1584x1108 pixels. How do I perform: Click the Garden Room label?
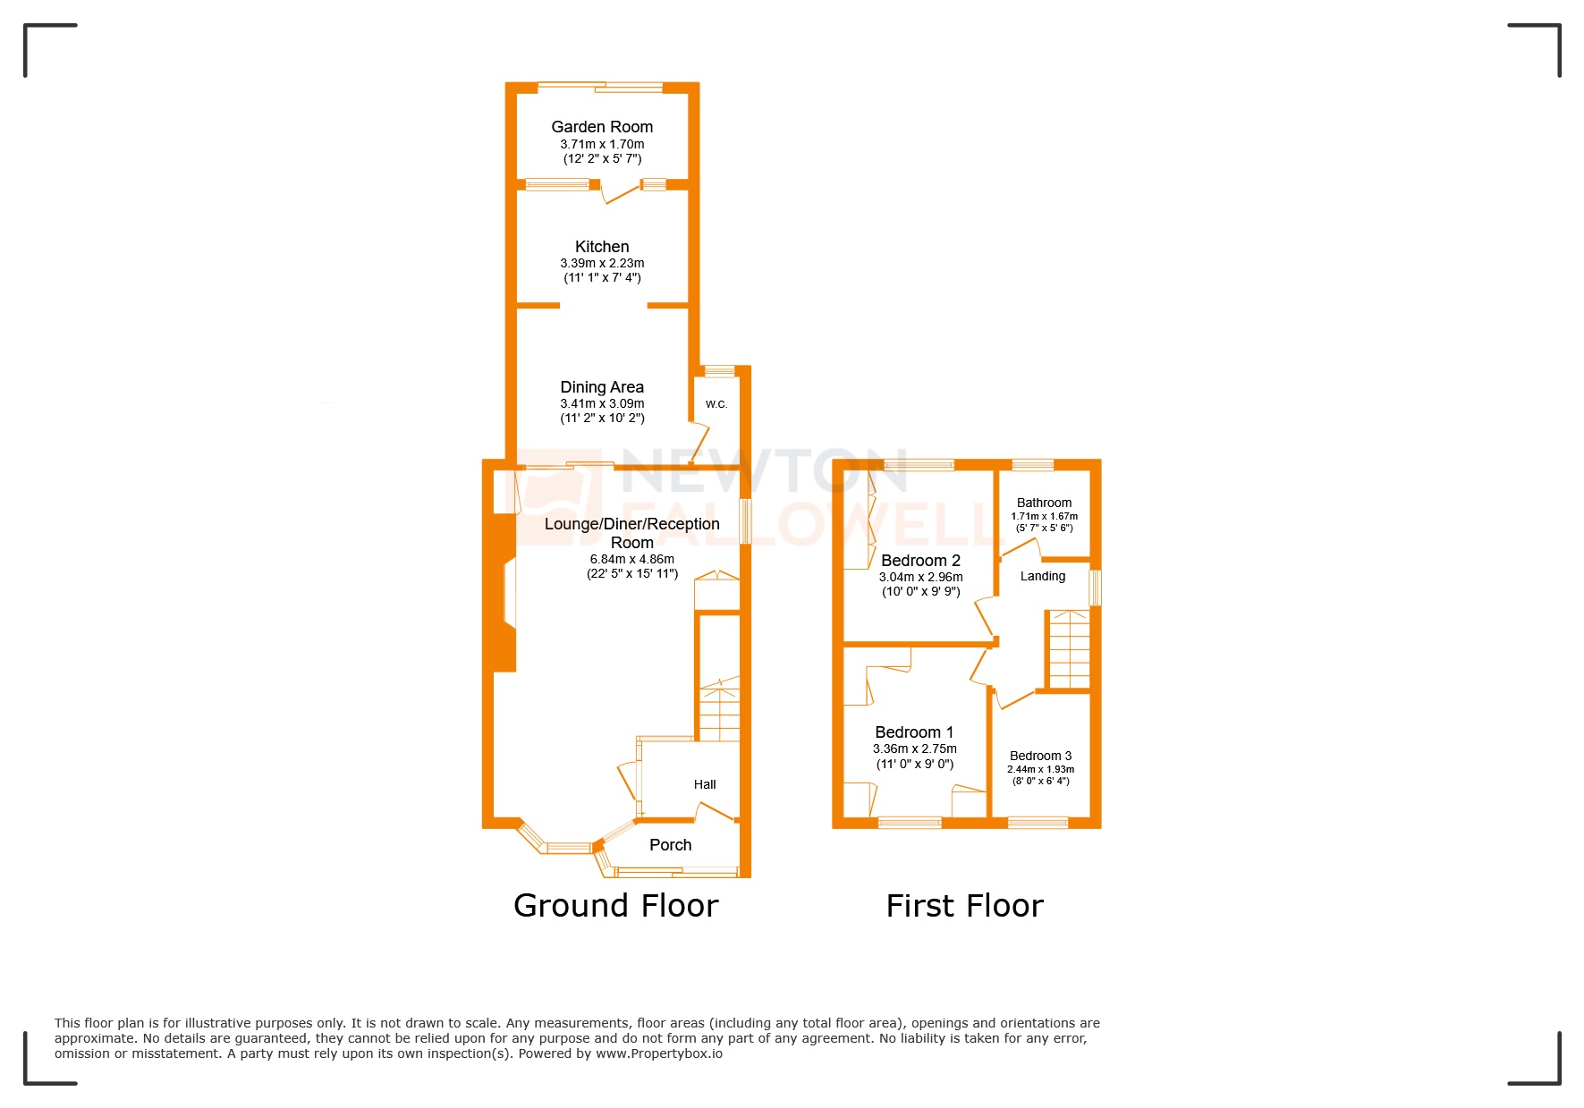[602, 127]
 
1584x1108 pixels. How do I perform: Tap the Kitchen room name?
[602, 247]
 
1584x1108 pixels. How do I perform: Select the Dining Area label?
[602, 387]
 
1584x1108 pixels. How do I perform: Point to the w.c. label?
[716, 404]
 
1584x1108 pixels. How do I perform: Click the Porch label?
[671, 845]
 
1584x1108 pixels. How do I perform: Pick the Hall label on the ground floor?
[705, 784]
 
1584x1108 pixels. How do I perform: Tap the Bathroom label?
[1044, 503]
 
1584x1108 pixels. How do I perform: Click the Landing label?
[1043, 577]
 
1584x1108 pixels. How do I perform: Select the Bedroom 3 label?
[1040, 756]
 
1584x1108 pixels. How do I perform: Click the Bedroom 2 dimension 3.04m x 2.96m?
[920, 577]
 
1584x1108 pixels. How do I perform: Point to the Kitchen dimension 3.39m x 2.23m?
[602, 263]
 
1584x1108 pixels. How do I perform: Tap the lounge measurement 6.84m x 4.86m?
[632, 559]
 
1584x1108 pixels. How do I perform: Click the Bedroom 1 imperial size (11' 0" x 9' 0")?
[915, 764]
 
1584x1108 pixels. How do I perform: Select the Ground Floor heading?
[616, 906]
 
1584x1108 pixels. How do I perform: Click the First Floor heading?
[964, 906]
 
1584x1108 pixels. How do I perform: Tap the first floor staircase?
[1069, 649]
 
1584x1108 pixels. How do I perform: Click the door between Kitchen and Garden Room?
[619, 191]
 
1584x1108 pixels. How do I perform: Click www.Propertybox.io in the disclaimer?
[659, 1053]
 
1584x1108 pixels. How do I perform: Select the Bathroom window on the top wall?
[1032, 464]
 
